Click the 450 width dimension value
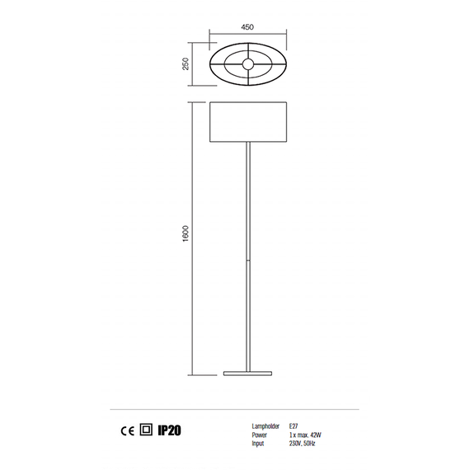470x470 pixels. point(247,27)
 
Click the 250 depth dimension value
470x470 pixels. point(186,63)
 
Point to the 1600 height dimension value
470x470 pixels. point(186,234)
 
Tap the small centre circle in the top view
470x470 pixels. point(248,63)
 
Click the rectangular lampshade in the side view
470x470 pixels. point(248,122)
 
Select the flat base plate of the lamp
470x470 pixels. point(248,374)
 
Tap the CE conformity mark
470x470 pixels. point(127,431)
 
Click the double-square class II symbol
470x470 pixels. point(146,430)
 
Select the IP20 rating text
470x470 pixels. point(169,430)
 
